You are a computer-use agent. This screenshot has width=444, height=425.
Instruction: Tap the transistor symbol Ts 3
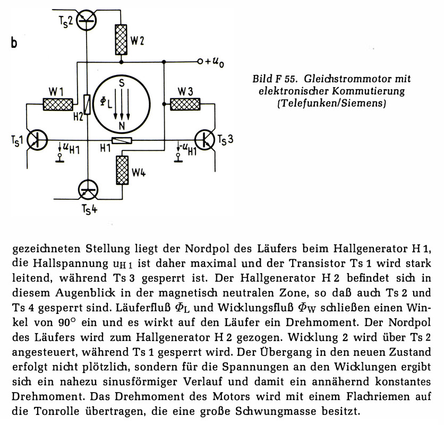pyautogui.click(x=205, y=140)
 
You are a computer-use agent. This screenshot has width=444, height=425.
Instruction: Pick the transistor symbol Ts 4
pyautogui.click(x=88, y=190)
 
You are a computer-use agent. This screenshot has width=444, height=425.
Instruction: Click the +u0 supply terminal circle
pyautogui.click(x=200, y=62)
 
